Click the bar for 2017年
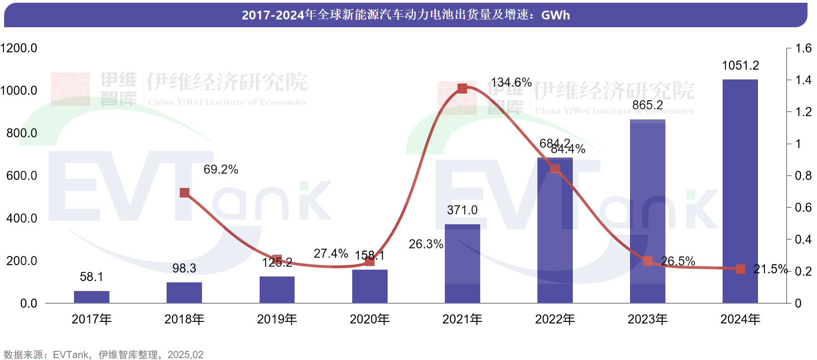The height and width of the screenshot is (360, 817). (x=92, y=297)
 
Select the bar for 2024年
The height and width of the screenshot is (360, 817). (x=740, y=191)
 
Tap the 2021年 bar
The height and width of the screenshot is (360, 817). (x=463, y=263)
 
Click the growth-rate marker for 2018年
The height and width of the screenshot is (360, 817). (x=184, y=192)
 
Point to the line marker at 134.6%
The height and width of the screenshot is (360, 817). (x=462, y=88)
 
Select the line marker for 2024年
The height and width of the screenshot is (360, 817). (x=740, y=269)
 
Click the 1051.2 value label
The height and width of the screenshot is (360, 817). (x=740, y=65)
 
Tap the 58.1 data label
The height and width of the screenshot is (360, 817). (x=92, y=276)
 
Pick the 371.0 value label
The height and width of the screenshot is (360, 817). (x=462, y=210)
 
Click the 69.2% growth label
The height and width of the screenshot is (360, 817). (x=221, y=169)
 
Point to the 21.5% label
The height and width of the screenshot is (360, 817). (x=770, y=269)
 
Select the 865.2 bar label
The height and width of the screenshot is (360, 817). (x=648, y=105)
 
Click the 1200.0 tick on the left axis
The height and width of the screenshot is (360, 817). (x=19, y=48)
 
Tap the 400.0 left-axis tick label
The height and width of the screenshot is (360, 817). (x=22, y=218)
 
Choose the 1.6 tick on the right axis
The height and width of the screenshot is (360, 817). (x=803, y=48)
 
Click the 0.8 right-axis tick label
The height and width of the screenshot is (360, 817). (x=803, y=176)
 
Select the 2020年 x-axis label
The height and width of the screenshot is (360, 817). (x=369, y=319)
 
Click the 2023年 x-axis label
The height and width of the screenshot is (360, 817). (x=648, y=319)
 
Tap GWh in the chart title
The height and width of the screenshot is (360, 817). (x=556, y=15)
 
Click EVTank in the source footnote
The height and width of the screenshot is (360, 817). (x=71, y=355)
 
